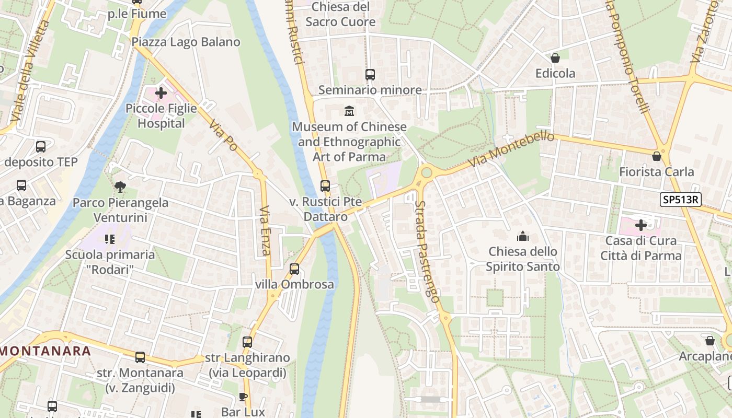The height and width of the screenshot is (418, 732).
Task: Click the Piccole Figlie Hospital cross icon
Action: click(161, 94)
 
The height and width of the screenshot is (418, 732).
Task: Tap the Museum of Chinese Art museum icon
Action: click(349, 111)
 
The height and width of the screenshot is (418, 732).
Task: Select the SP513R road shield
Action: click(680, 200)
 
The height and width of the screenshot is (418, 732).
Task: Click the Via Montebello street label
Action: click(511, 149)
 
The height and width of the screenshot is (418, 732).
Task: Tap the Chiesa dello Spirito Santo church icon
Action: click(522, 237)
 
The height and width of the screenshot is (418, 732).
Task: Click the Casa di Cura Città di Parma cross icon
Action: click(641, 225)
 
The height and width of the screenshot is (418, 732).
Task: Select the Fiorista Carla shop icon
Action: click(657, 156)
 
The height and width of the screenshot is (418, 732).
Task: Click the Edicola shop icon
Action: click(555, 58)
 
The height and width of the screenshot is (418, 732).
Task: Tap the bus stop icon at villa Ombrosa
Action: click(294, 269)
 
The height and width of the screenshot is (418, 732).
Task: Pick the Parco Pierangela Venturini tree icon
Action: click(120, 187)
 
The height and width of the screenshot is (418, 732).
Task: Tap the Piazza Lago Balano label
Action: click(186, 42)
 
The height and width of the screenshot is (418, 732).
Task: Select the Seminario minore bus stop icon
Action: click(370, 75)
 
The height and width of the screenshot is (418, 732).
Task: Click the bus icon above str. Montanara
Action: click(140, 357)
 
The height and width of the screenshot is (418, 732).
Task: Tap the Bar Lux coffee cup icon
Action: click(243, 397)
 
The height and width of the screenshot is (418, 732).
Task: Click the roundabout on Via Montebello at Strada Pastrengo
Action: click(427, 172)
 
